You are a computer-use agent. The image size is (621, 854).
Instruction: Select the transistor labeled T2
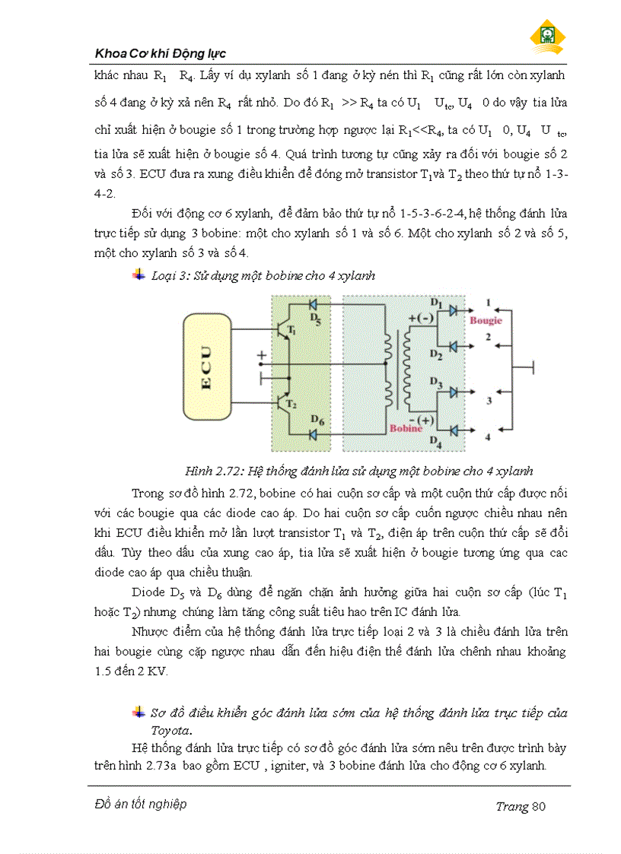283,402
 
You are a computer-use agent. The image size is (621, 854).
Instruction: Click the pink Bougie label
485,320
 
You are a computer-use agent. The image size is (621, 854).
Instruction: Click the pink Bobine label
406,428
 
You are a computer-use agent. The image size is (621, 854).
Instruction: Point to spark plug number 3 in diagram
489,399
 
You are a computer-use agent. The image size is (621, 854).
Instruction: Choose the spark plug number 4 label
489,437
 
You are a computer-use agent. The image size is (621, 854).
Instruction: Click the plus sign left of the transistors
262,355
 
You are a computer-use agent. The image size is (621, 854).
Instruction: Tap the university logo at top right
548,35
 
